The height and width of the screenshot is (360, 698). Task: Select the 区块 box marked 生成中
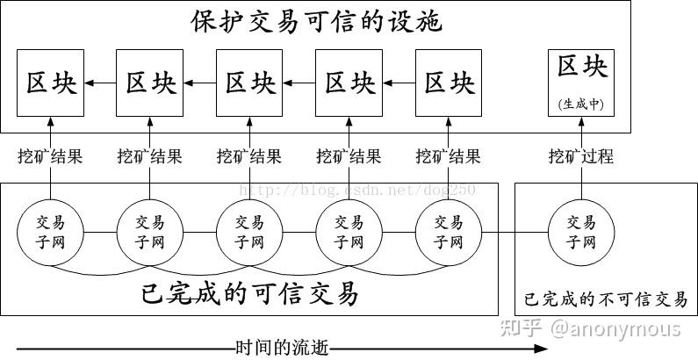pyautogui.click(x=582, y=83)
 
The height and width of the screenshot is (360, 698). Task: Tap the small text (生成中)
pyautogui.click(x=582, y=104)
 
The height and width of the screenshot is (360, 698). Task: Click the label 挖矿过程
pyautogui.click(x=581, y=156)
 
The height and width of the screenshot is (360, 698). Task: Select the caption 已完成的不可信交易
pyautogui.click(x=606, y=299)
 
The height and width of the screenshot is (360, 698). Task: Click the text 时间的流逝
pyautogui.click(x=282, y=348)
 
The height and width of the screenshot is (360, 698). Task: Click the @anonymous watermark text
pyautogui.click(x=615, y=328)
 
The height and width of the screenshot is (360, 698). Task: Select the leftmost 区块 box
pyautogui.click(x=50, y=83)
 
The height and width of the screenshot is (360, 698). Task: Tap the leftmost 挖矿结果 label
pyautogui.click(x=50, y=156)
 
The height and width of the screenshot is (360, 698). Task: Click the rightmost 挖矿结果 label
pyautogui.click(x=449, y=156)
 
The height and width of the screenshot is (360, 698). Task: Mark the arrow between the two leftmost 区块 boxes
pyautogui.click(x=99, y=83)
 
